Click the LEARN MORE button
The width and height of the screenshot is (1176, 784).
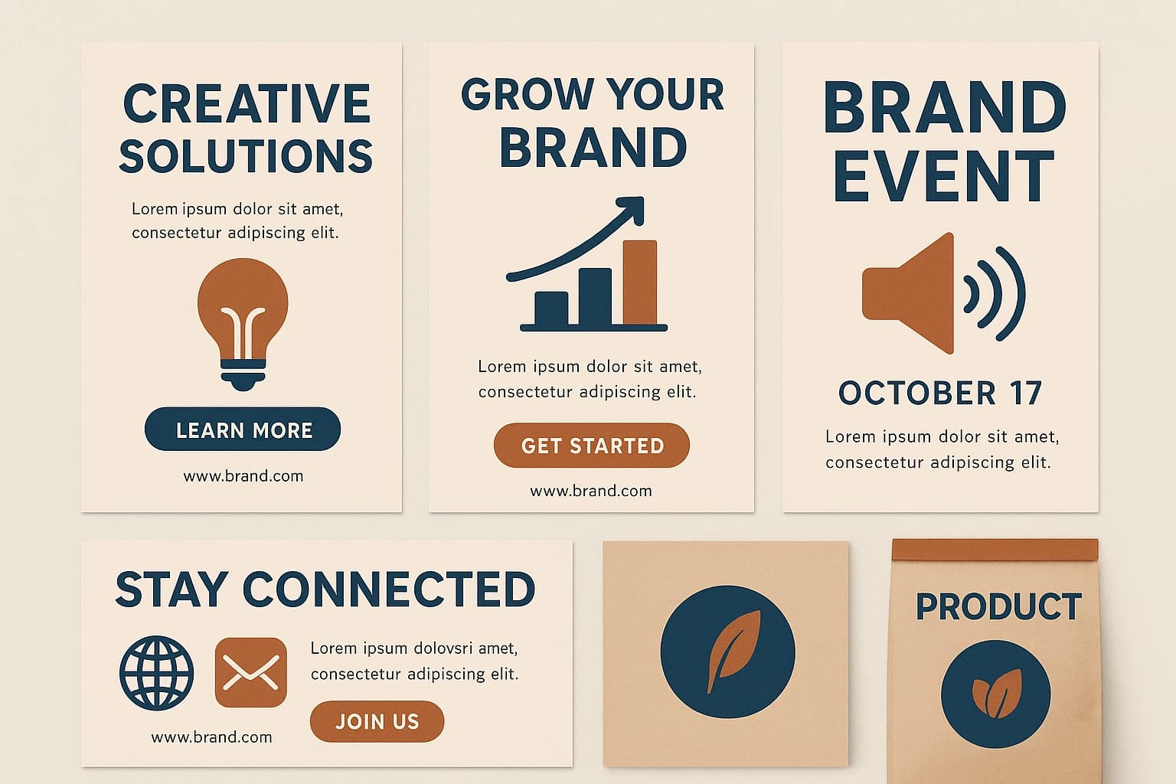coord(243,430)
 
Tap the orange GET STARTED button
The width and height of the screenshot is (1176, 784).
coord(592,446)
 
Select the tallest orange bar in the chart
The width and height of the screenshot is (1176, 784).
coord(639,283)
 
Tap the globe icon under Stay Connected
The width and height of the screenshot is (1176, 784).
coord(156,672)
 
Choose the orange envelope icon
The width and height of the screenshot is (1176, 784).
coord(251,672)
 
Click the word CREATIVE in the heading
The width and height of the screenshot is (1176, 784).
coord(247,104)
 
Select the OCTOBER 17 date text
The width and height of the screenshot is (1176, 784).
coord(940,394)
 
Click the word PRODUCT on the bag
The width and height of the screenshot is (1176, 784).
coord(998,607)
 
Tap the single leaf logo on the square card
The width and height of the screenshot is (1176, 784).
coord(728,652)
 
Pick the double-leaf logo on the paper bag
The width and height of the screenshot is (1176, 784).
coord(996,694)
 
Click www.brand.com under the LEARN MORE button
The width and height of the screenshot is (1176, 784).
coord(243,476)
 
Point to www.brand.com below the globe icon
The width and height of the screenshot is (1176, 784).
coord(211,737)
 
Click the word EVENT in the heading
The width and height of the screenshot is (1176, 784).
coord(943,177)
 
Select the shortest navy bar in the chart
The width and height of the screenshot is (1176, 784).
coord(551,309)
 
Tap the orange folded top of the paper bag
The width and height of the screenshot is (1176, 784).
coord(995,549)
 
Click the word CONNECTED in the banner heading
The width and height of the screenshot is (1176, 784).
coord(388,590)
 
